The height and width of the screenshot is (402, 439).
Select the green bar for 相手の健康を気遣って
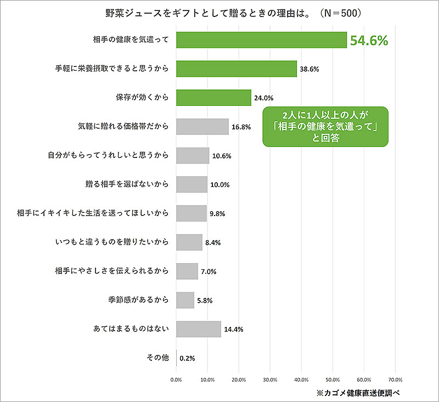(261, 39)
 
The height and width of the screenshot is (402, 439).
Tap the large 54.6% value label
(369, 40)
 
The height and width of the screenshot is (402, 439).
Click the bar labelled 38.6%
(237, 69)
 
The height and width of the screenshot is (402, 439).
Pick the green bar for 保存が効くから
(213, 98)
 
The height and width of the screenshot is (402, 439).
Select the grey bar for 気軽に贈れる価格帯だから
(202, 127)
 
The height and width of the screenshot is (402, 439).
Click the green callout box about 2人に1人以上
(325, 127)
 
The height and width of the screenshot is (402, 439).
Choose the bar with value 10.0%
(192, 184)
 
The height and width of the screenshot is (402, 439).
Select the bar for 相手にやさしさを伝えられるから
(187, 271)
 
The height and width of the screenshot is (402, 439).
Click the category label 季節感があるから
(138, 300)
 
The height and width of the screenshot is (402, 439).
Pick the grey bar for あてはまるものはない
(199, 329)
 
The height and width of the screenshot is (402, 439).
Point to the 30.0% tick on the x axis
(270, 379)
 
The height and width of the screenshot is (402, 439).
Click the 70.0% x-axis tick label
(395, 379)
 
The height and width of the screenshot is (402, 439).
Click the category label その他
(157, 358)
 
